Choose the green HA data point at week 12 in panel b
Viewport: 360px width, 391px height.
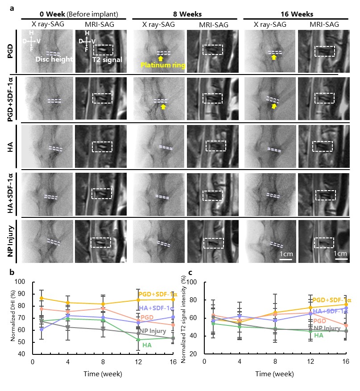[139, 340]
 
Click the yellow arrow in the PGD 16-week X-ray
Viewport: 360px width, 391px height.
[274, 58]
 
